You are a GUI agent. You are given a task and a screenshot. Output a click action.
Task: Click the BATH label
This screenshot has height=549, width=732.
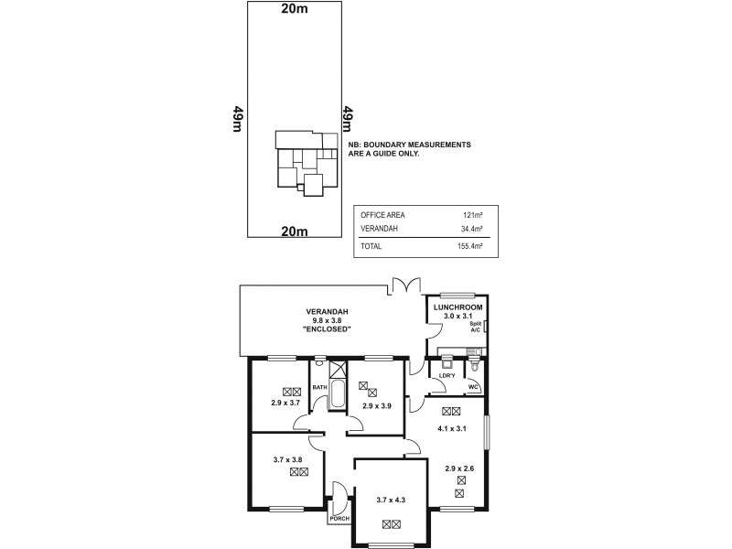[319, 388]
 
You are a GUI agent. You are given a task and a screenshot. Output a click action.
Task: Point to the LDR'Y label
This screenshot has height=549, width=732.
[447, 375]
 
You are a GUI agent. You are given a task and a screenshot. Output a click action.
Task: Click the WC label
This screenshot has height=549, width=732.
[472, 387]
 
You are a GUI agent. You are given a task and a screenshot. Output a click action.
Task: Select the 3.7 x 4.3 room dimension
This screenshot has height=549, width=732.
[392, 500]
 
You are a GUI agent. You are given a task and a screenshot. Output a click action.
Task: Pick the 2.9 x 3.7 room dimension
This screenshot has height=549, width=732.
[285, 402]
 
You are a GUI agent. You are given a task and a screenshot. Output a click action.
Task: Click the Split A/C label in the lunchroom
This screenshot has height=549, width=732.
[475, 328]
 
